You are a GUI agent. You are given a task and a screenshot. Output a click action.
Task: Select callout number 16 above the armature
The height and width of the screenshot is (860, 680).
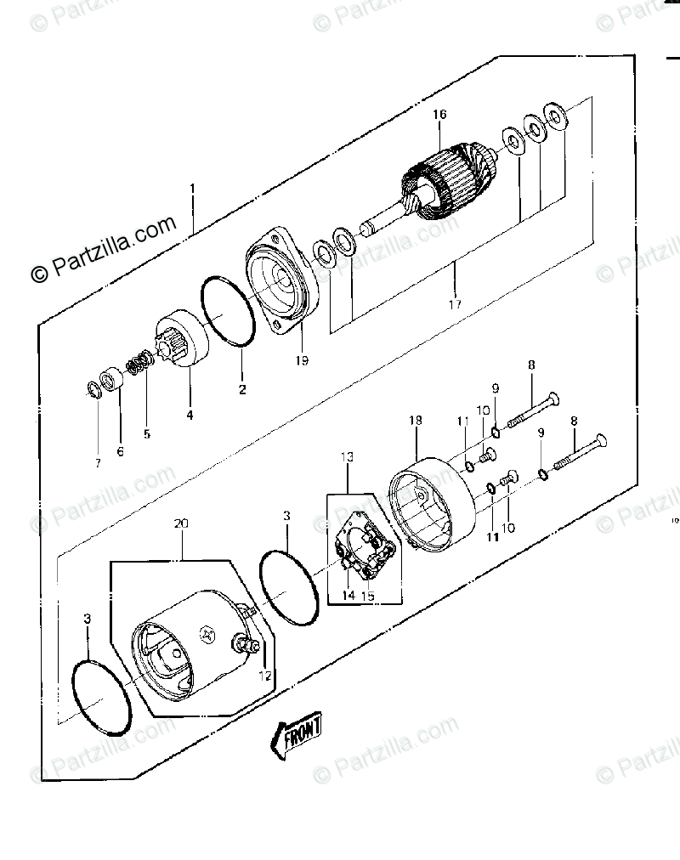[x=439, y=116]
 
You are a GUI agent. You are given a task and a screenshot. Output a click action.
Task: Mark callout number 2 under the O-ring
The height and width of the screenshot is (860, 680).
[x=242, y=390]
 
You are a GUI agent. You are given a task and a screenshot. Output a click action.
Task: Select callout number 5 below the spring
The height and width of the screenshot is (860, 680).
[x=146, y=433]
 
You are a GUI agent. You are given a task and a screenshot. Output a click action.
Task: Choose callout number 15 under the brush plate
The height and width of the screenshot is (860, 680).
[x=367, y=596]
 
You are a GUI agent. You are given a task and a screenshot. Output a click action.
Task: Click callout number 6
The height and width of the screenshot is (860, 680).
[x=120, y=451]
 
